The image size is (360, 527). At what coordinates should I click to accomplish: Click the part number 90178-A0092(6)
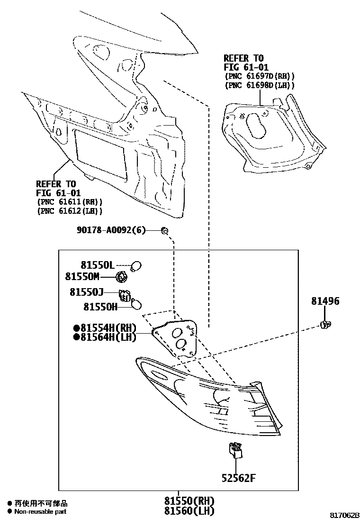point(111,230)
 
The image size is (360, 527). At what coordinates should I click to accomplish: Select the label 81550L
point(98,265)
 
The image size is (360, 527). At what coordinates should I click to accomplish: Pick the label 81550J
point(98,293)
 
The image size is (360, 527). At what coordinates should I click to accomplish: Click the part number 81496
point(325,301)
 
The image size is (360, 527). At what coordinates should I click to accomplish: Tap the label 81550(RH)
point(189,501)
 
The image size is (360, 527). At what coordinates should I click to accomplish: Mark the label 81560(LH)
point(189,511)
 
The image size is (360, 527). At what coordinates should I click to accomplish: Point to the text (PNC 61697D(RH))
point(259,76)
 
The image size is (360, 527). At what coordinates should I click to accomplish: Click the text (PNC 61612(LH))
point(69,211)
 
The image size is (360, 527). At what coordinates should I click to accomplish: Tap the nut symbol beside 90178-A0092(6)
point(165,230)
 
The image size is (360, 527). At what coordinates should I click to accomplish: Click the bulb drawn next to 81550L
point(138,265)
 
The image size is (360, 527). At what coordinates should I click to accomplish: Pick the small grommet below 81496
point(325,324)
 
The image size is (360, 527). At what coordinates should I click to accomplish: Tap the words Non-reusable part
point(40,512)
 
